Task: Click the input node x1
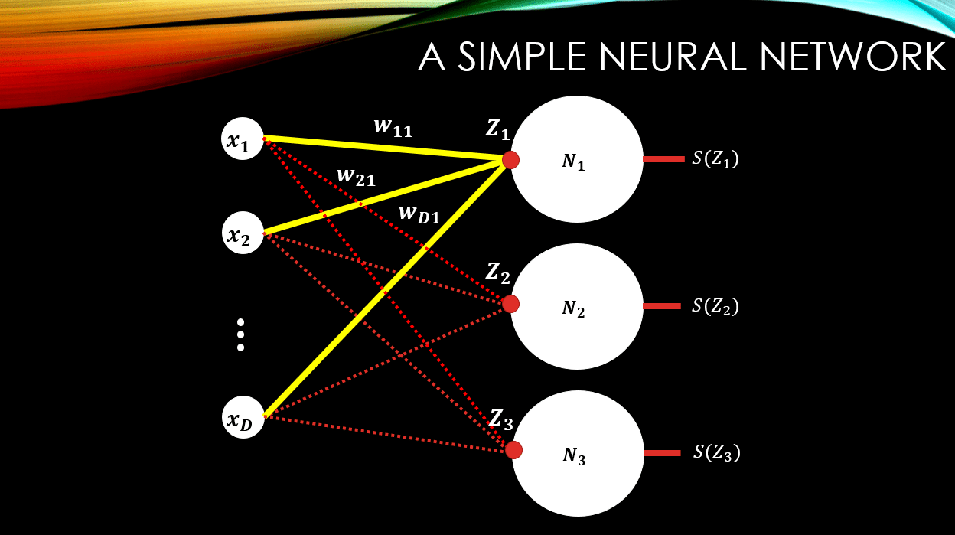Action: (x=243, y=139)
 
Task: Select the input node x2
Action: (x=243, y=234)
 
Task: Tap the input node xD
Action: (x=243, y=418)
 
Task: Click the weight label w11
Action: (x=393, y=128)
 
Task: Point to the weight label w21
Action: (x=356, y=178)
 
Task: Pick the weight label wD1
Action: (x=419, y=214)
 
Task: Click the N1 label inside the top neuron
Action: (x=574, y=161)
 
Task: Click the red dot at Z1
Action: (x=510, y=159)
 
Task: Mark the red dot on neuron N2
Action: (x=510, y=304)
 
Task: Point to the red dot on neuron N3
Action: (x=513, y=449)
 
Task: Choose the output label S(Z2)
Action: (x=715, y=306)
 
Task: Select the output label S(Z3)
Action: (x=716, y=452)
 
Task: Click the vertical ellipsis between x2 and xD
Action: (x=240, y=334)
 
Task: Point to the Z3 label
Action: (x=501, y=419)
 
